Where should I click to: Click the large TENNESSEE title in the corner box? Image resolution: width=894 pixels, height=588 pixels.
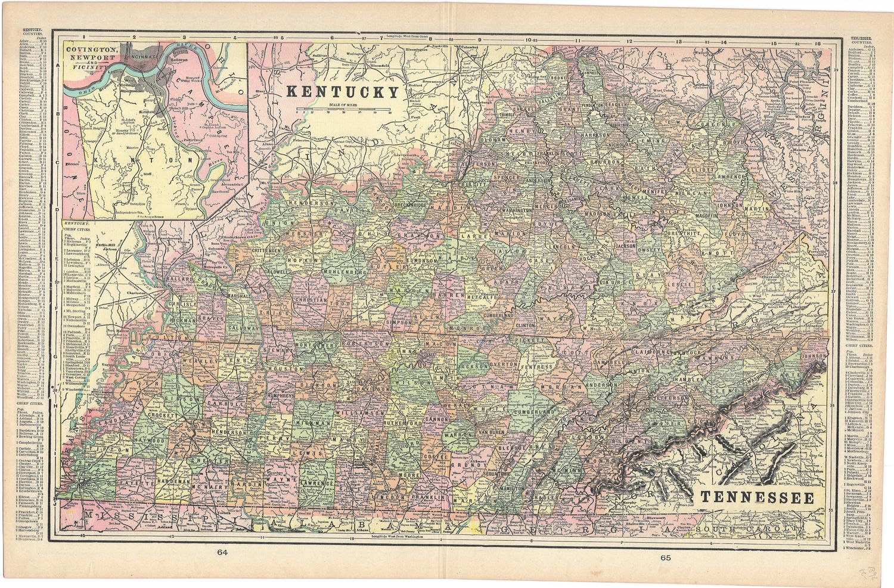756,497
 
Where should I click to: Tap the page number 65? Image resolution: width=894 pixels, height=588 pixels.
665,558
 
